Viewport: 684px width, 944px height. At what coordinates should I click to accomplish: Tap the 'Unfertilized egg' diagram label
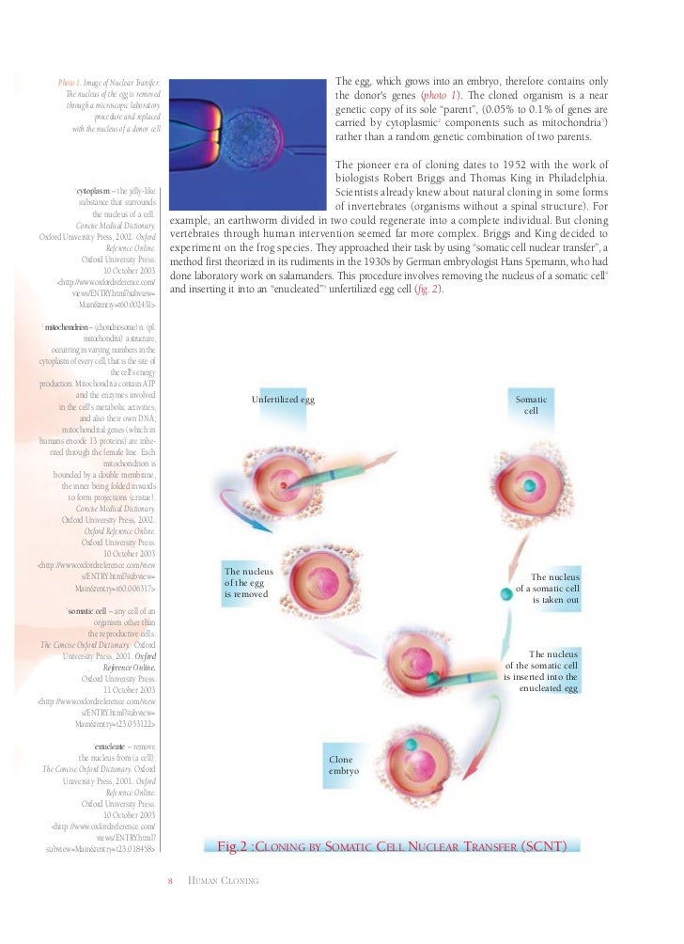(x=283, y=401)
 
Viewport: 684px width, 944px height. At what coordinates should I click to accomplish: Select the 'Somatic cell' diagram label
(x=531, y=405)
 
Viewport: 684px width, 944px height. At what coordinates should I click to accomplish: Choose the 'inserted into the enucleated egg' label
(x=542, y=670)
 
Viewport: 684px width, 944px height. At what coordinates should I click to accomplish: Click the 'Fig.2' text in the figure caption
(x=235, y=846)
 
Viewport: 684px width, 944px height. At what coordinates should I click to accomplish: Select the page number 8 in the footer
(x=171, y=880)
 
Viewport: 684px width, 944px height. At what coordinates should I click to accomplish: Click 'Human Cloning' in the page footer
(x=224, y=880)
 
